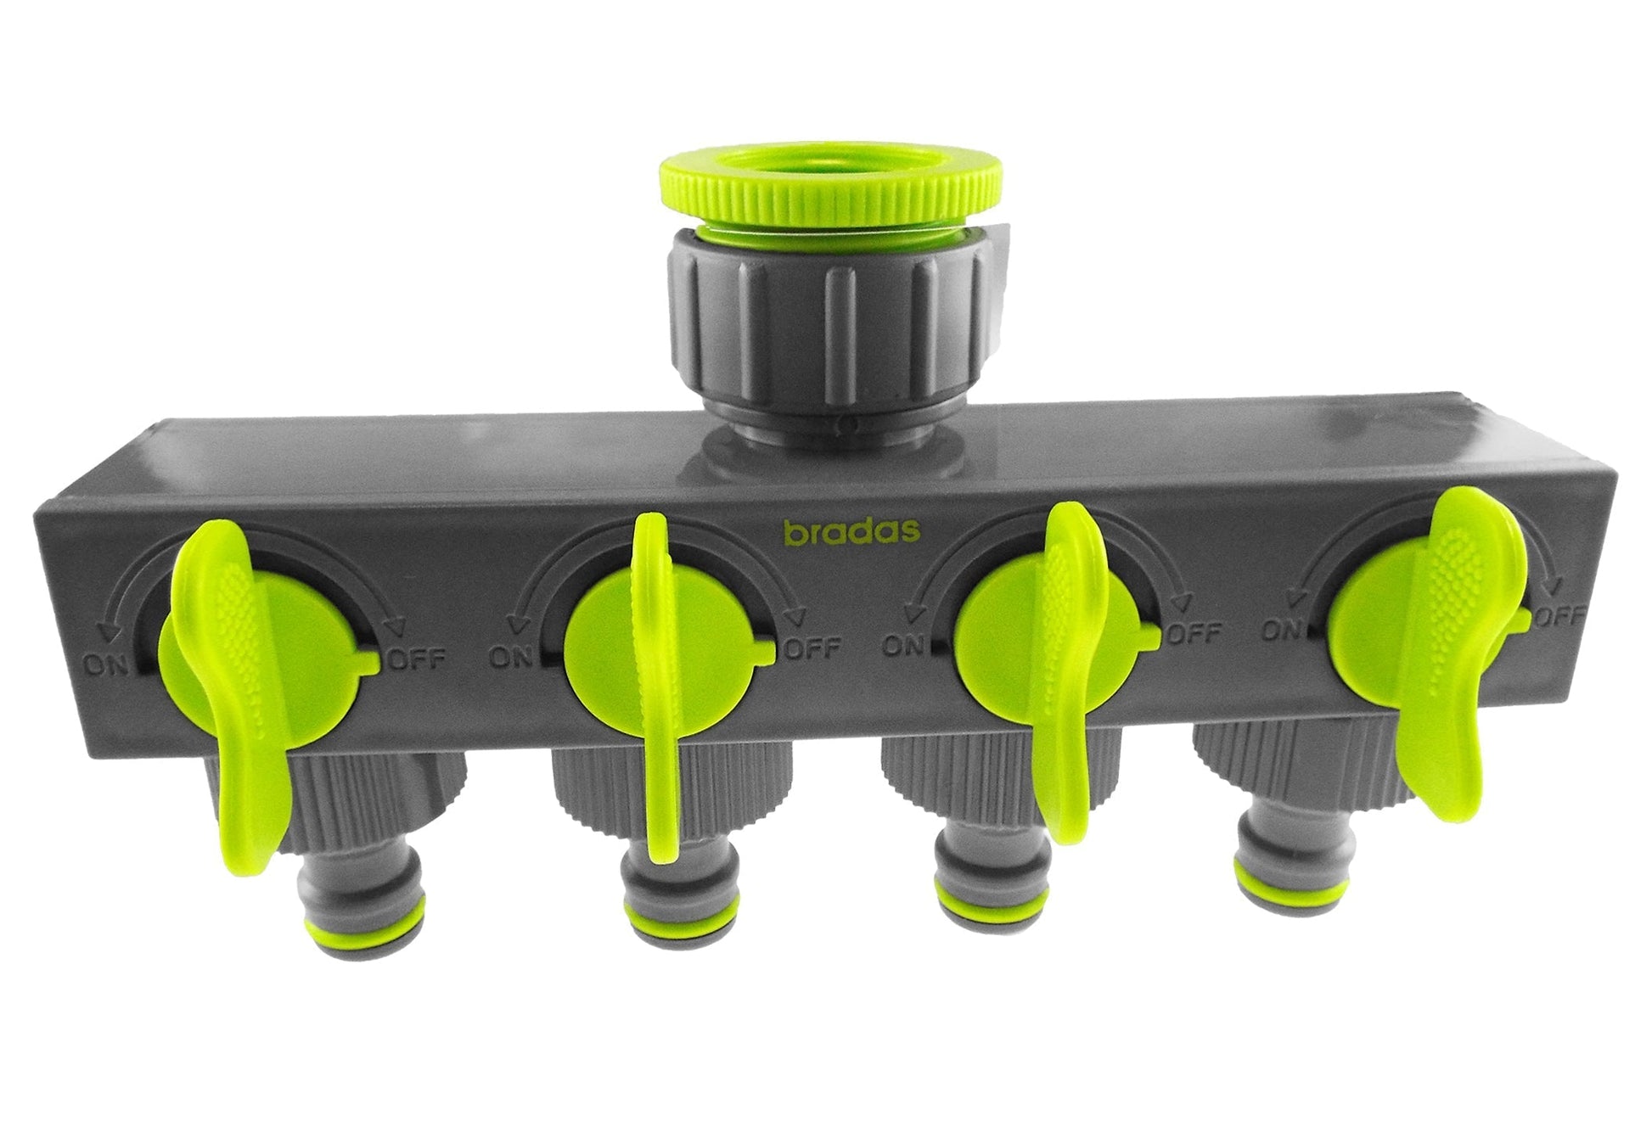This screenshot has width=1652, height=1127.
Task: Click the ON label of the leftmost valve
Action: click(x=105, y=664)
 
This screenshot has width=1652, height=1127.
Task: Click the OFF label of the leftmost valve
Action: click(x=414, y=661)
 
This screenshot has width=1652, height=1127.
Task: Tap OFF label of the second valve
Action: click(x=812, y=651)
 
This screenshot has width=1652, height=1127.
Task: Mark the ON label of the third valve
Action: click(x=905, y=646)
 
